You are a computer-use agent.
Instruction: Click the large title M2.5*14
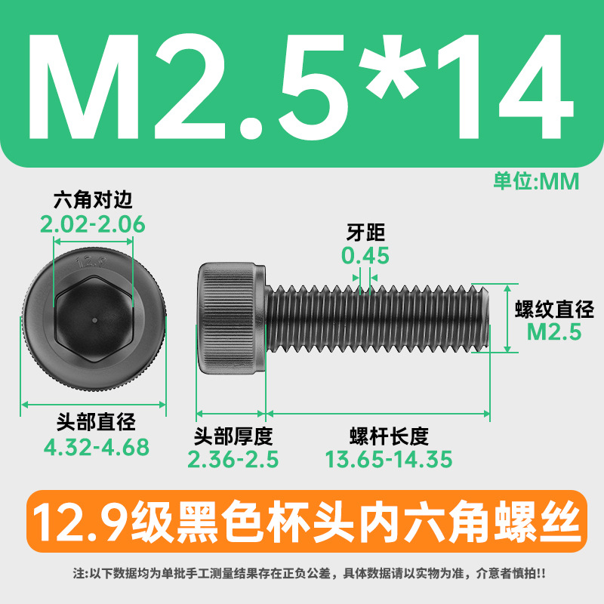point(301,86)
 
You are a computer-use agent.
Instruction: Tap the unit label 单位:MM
point(536,181)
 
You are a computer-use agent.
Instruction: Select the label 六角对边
point(93,199)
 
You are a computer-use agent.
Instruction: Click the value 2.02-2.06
point(92,224)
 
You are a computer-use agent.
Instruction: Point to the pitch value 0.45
point(365,256)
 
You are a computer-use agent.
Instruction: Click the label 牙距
point(365,233)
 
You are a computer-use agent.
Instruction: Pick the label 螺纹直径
point(554,309)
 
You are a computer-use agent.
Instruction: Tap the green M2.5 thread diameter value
point(554,332)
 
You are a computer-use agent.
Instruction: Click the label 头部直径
point(96,422)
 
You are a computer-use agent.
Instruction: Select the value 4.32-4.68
point(97,447)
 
